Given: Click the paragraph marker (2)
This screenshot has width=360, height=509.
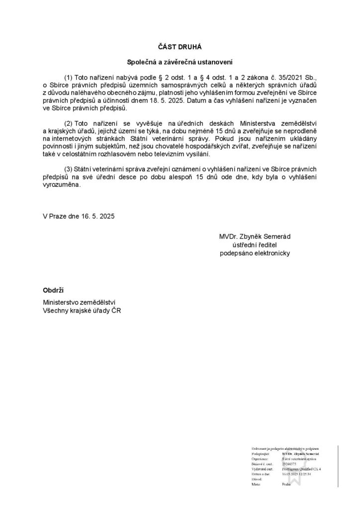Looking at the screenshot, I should [70, 123].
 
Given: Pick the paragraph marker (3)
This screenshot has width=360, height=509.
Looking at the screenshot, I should [70, 170].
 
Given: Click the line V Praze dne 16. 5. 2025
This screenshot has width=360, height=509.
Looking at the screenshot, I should [79, 217].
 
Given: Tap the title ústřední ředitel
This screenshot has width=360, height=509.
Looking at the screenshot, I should [255, 245].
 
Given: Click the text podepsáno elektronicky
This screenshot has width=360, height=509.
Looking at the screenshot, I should [255, 253].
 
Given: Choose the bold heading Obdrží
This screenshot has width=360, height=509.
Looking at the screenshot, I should [53, 290].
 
